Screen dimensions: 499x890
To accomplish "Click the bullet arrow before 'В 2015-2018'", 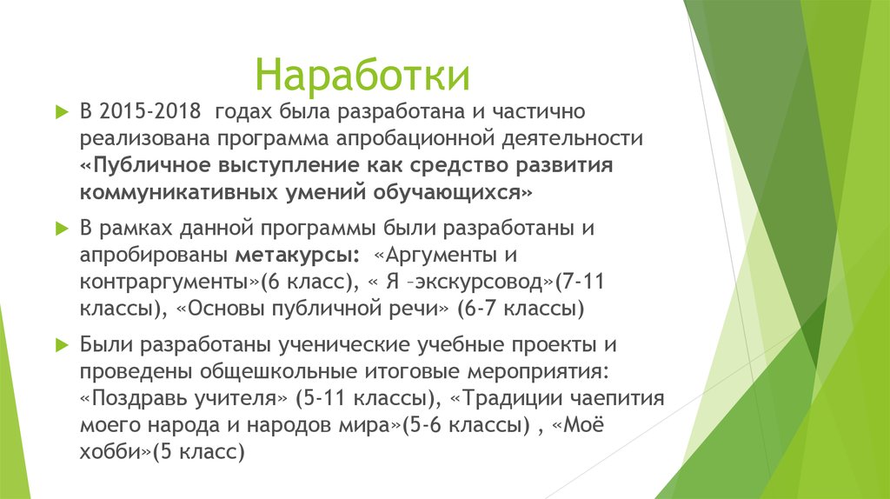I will pos(60,113).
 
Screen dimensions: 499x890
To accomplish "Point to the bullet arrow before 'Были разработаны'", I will pos(60,345).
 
